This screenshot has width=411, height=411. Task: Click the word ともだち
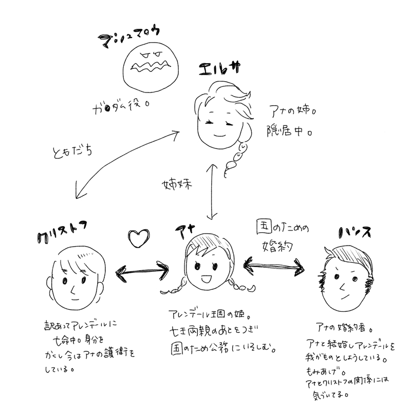pyautogui.click(x=67, y=152)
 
